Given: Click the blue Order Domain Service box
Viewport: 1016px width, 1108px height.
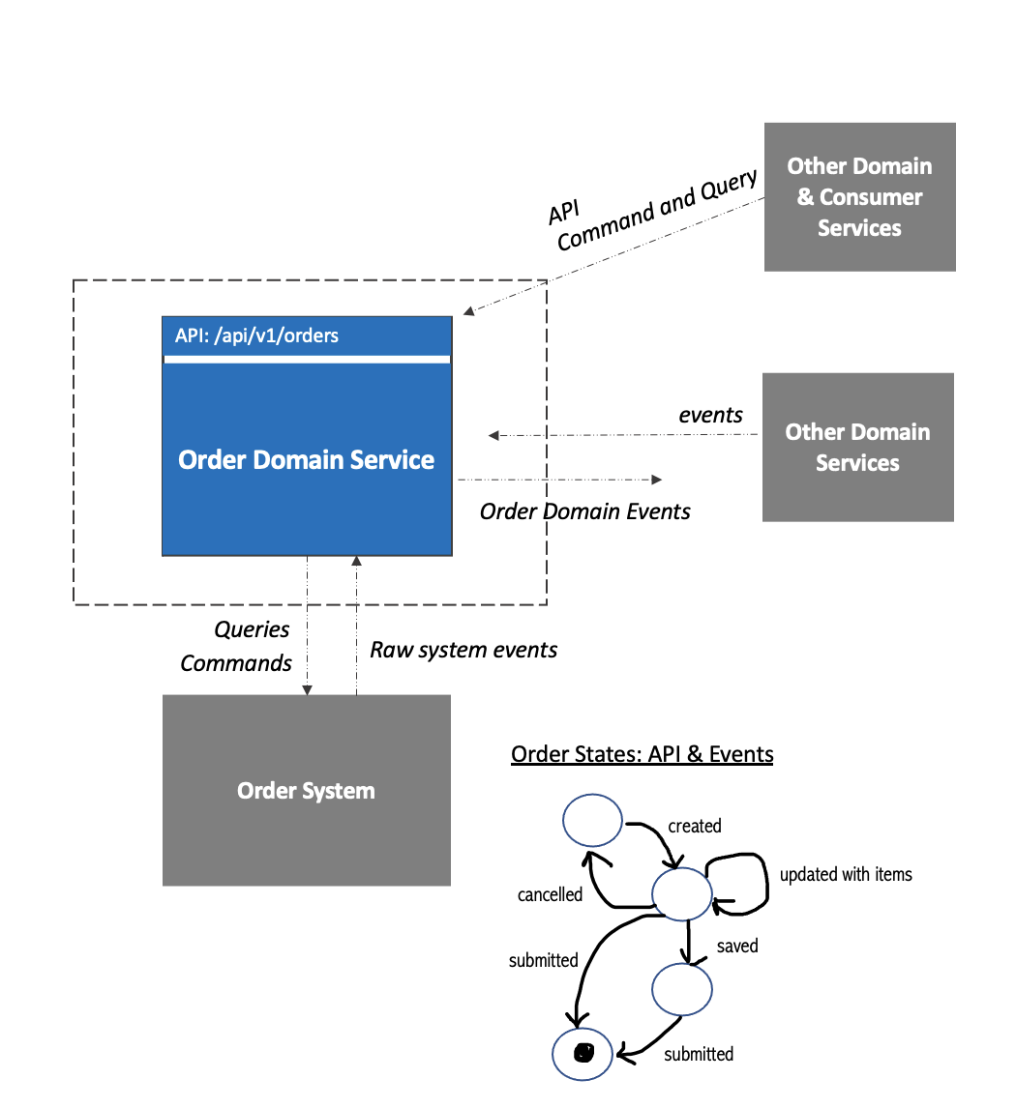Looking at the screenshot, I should click(x=306, y=459).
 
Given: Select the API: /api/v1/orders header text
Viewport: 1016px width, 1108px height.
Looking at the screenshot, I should click(x=256, y=336).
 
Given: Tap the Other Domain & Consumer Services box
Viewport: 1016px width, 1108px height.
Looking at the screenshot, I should click(x=859, y=197).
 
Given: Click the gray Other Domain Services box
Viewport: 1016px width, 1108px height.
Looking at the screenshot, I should click(x=857, y=448).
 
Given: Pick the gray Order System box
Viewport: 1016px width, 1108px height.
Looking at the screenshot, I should click(x=306, y=791).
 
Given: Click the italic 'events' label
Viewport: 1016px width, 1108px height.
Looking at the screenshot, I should click(x=710, y=415).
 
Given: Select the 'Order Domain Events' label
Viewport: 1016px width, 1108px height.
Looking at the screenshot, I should click(x=584, y=511).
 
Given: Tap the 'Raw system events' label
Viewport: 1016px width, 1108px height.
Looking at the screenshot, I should click(x=463, y=650).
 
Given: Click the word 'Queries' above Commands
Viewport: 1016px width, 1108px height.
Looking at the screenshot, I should click(x=252, y=629).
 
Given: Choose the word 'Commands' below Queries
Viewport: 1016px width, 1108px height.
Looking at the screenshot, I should click(x=236, y=663).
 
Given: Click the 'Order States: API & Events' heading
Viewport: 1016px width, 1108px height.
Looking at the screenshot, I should click(x=642, y=754).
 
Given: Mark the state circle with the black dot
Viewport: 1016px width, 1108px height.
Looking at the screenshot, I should click(x=583, y=1052).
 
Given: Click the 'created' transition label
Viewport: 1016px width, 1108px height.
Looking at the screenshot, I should click(x=695, y=827).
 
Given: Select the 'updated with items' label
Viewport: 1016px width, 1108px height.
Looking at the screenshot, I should click(x=846, y=874).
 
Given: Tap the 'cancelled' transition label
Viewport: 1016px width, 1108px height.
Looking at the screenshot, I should click(x=550, y=895).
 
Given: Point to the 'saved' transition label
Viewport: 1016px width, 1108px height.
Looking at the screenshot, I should click(x=736, y=947).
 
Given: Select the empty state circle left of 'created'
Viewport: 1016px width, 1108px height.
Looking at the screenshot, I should click(x=592, y=820).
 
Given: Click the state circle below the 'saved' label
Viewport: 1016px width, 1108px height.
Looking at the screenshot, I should click(x=682, y=989).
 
